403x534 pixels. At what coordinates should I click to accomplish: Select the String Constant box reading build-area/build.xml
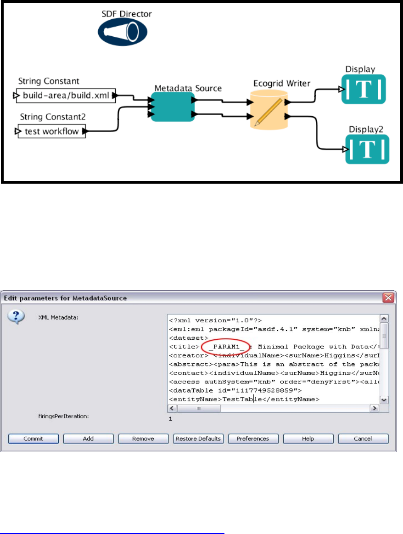click(64, 96)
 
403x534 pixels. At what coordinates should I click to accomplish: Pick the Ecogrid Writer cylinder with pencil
click(268, 108)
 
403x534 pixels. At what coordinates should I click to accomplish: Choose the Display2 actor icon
click(367, 149)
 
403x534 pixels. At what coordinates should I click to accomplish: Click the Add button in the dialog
click(88, 438)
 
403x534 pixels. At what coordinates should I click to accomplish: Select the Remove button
click(143, 438)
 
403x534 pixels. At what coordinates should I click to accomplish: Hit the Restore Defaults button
click(198, 438)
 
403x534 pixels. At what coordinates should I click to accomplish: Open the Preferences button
click(253, 438)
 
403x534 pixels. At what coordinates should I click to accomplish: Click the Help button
click(308, 438)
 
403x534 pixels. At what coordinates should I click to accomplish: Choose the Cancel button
click(363, 438)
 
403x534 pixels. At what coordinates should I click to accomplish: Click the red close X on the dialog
click(389, 298)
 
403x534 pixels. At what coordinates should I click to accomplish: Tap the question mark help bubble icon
click(16, 317)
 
